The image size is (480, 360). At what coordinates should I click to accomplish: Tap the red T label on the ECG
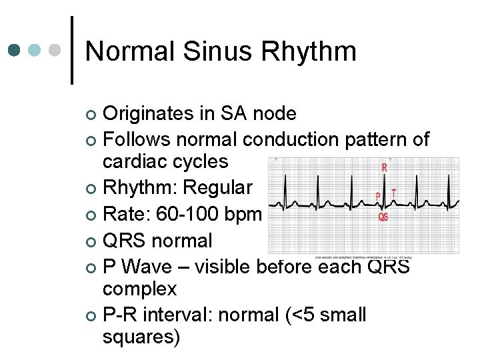(x=393, y=192)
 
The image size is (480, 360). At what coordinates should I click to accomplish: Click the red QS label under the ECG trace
(x=383, y=217)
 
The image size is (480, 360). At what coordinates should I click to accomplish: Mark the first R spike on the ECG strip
(x=285, y=183)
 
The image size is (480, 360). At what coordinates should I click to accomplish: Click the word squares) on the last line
(x=141, y=337)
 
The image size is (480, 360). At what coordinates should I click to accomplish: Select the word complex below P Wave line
(x=139, y=289)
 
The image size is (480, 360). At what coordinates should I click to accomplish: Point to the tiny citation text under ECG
(x=363, y=256)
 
